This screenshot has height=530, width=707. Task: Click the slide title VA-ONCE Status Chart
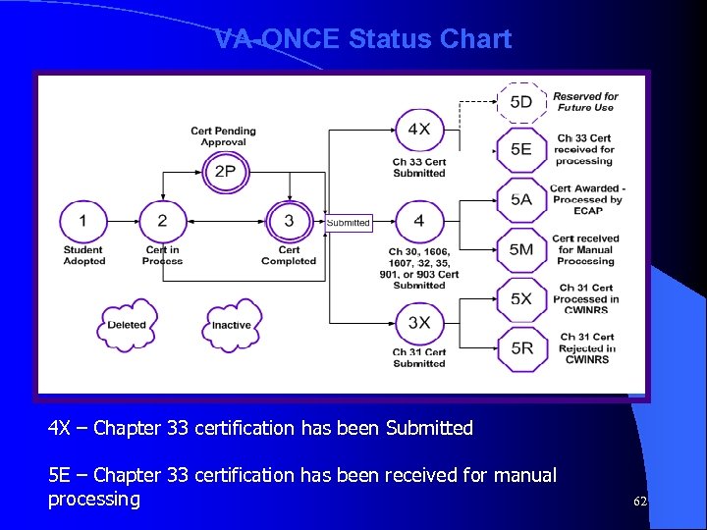363,39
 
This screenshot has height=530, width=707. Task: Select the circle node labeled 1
82,221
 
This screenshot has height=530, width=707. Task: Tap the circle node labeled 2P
225,171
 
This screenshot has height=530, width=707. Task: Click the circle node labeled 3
289,221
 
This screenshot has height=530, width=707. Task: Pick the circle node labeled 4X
419,130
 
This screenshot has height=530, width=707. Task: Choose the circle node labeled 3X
419,323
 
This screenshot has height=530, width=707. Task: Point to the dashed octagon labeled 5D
521,101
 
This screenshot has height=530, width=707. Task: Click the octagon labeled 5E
521,149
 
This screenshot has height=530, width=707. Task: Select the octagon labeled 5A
521,199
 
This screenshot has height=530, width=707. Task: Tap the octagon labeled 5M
521,249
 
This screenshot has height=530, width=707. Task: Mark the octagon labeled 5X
521,298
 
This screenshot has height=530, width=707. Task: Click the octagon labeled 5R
521,347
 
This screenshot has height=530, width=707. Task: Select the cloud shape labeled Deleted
127,325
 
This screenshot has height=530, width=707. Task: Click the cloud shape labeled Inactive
232,325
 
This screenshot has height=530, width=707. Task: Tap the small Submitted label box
349,223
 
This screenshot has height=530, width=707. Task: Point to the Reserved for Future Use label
585,102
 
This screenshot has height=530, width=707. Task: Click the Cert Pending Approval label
224,136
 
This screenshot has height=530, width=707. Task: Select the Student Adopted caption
83,255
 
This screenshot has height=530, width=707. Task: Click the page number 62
640,502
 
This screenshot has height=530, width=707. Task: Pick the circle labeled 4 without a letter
419,221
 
